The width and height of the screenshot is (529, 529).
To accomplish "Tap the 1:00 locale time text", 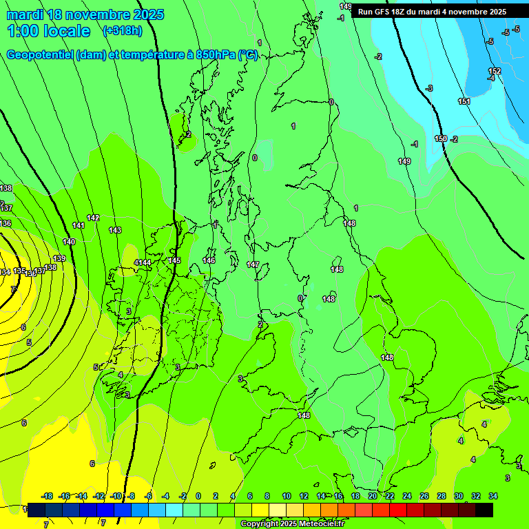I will point(48,31).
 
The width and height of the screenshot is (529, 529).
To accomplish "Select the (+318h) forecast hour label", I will point(123,30).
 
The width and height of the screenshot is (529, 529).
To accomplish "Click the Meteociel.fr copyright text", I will point(292,524).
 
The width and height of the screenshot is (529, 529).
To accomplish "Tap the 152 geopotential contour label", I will point(495,72).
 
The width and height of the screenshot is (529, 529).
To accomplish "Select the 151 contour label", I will point(464,101).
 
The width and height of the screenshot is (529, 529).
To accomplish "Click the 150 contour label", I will point(441,139).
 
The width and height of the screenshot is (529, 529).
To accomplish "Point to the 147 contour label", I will point(253,264).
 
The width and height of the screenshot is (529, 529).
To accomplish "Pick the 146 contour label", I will point(209,260).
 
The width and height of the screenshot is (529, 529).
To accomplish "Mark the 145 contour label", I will point(175,260).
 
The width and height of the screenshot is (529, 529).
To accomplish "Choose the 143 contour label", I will point(115,230).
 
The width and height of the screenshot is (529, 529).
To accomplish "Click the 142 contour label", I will point(93,218).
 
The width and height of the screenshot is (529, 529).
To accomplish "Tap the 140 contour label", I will point(69,242).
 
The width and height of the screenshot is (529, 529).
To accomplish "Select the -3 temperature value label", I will point(429,88).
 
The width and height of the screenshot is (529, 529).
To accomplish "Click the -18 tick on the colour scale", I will point(47,496).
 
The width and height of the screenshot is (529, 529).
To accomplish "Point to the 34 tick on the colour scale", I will point(493,496).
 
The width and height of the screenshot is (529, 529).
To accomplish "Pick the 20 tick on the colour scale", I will point(372,496).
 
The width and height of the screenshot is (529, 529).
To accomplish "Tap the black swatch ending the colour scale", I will point(484,510).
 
